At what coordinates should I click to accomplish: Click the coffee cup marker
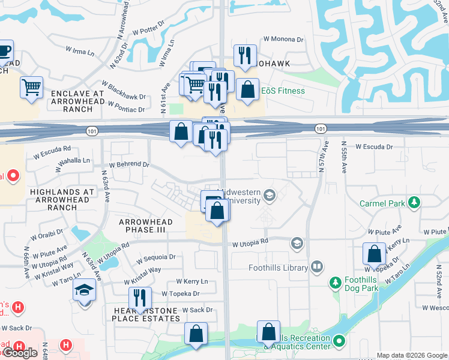pyautogui.click(x=5, y=50)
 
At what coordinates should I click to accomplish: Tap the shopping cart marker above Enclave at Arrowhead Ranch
pyautogui.click(x=31, y=87)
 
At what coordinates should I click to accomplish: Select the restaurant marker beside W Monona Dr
pyautogui.click(x=245, y=56)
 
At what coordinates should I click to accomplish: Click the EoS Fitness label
pyautogui.click(x=283, y=91)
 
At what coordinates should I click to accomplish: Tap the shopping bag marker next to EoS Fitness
pyautogui.click(x=247, y=89)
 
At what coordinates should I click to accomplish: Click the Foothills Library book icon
pyautogui.click(x=316, y=266)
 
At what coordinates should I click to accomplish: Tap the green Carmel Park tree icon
pyautogui.click(x=413, y=203)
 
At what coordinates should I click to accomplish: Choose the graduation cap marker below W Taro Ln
pyautogui.click(x=85, y=291)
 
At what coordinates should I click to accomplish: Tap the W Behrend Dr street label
pyautogui.click(x=128, y=164)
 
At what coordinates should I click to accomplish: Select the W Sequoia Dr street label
pyautogui.click(x=155, y=257)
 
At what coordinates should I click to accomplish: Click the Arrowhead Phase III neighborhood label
pyautogui.click(x=146, y=226)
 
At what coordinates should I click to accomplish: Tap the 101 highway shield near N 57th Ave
pyautogui.click(x=321, y=128)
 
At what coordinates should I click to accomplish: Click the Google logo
pyautogui.click(x=20, y=353)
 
